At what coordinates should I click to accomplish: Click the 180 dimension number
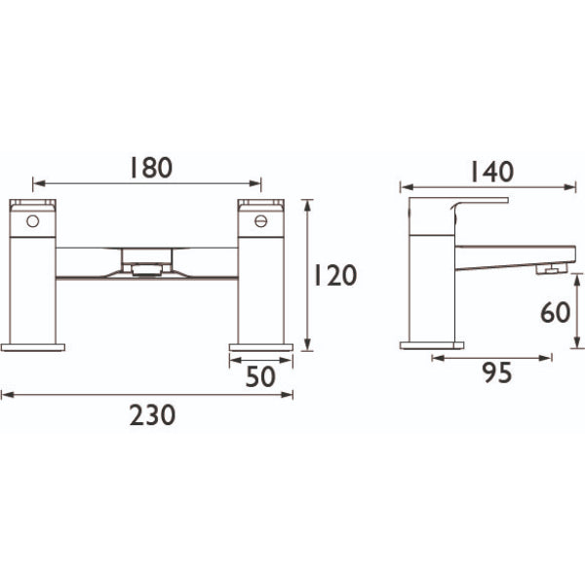tap(151, 168)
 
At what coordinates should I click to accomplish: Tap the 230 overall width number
tap(152, 415)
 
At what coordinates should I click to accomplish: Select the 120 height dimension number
tap(335, 275)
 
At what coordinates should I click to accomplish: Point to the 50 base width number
tap(260, 376)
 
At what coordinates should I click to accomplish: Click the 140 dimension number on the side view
tap(492, 172)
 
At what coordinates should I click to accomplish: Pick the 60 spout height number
tap(556, 312)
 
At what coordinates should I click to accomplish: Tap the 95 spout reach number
tap(497, 372)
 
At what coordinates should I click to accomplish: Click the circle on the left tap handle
tap(33, 221)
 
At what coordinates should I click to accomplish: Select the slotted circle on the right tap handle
tap(261, 221)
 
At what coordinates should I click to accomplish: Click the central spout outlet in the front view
tap(147, 269)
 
